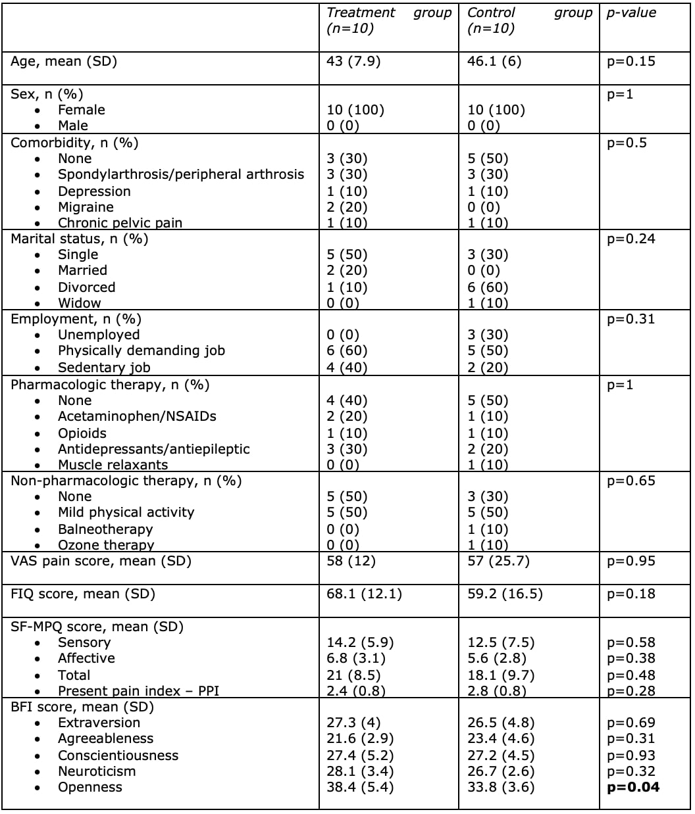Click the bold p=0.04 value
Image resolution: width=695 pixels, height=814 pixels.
(632, 787)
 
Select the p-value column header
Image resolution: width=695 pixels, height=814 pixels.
(631, 12)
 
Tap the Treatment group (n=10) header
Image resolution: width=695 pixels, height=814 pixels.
(389, 20)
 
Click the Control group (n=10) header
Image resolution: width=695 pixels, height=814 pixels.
(529, 20)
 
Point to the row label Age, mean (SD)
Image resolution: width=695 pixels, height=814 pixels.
(64, 61)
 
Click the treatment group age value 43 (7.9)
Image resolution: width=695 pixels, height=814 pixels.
(353, 61)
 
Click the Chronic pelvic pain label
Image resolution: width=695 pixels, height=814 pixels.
(120, 223)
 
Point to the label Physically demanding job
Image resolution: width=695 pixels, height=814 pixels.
(141, 350)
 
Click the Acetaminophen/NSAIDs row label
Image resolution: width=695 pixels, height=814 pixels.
(137, 416)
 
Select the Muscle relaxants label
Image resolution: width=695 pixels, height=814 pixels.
(113, 465)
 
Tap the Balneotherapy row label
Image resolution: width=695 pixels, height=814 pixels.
(105, 529)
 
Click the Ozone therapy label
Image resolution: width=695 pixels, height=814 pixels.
(106, 545)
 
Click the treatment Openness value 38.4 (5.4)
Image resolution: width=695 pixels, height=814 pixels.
(360, 787)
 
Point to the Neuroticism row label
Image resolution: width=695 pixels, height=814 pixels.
(97, 771)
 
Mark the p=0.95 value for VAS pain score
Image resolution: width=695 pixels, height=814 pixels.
(631, 561)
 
